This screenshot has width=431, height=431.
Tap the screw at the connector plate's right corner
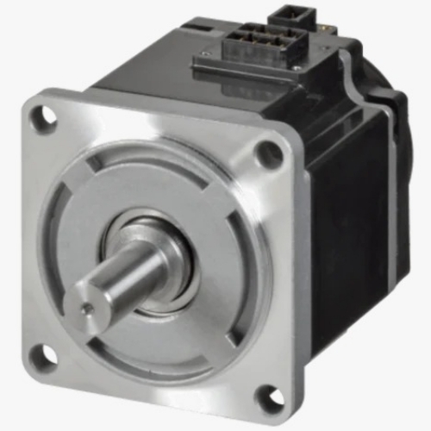(x=297, y=66)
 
